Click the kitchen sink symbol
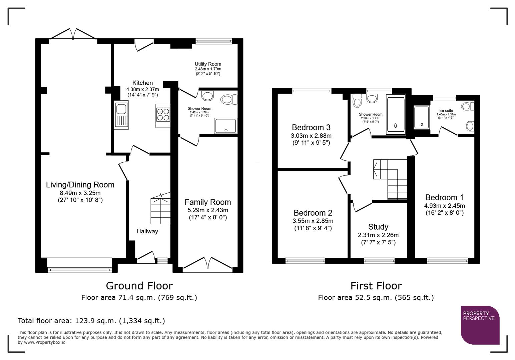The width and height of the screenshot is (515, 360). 121,115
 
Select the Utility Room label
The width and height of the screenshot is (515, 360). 208,64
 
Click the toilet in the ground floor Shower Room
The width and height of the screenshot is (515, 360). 229,99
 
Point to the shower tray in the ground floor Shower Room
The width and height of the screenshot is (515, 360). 226,126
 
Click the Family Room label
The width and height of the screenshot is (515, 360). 207,202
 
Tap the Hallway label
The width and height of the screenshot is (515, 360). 147,231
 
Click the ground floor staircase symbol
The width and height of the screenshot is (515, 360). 160,210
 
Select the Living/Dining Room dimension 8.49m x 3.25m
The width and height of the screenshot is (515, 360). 80,193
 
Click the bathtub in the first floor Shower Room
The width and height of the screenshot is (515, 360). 396,115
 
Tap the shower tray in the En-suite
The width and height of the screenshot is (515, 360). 422,117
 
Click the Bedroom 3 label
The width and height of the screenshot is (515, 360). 311,127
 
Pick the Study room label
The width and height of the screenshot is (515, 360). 378,227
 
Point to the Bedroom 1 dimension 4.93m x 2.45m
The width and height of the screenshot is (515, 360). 444,206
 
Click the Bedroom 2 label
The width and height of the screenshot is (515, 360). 313,213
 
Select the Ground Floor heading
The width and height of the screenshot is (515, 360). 139,286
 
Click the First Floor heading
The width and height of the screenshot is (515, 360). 376,286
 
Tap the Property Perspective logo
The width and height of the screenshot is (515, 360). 480,325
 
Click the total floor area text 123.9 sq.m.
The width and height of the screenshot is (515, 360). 91,321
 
